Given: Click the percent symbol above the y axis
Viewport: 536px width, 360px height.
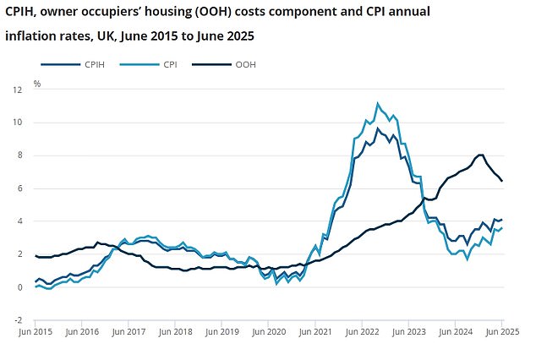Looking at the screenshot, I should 37,84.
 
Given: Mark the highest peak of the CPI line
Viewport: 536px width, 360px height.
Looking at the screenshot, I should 377,103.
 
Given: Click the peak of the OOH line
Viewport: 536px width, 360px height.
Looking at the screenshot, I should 480,155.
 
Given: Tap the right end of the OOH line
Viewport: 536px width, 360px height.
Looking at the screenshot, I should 502,180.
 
